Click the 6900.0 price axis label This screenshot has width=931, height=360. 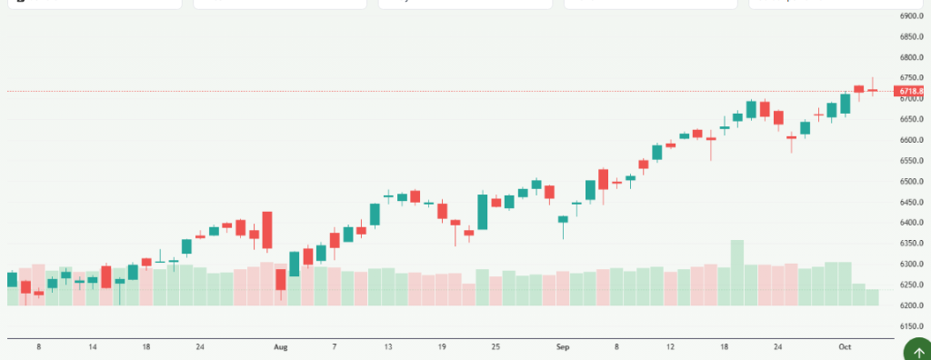tap(911, 16)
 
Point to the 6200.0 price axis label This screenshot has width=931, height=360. tap(911, 305)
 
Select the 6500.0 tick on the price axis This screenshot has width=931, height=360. tap(911, 181)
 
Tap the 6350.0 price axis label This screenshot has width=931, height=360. tap(911, 243)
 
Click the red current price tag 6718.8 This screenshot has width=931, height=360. tap(911, 91)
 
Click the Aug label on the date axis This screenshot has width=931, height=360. tap(281, 346)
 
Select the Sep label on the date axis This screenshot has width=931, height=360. tap(563, 346)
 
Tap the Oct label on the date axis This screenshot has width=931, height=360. tap(845, 346)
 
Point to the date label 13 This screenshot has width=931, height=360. tap(388, 346)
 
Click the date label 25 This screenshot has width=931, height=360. tap(496, 346)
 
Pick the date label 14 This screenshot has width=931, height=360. tap(93, 346)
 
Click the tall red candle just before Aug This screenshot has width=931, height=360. tap(267, 230)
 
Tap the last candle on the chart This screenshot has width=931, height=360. tap(872, 90)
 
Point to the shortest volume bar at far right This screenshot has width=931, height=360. tap(872, 296)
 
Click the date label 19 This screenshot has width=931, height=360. tap(442, 346)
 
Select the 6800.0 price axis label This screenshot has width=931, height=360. tap(911, 57)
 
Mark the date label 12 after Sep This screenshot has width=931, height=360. tap(670, 346)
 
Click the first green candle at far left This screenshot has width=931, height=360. tap(12, 279)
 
